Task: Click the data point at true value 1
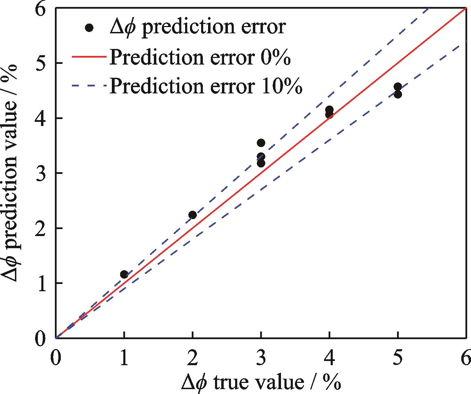[x=124, y=275]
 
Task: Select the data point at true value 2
[x=192, y=215]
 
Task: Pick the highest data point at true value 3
[x=261, y=143]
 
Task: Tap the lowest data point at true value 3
[x=261, y=163]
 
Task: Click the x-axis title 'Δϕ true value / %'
[x=261, y=382]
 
